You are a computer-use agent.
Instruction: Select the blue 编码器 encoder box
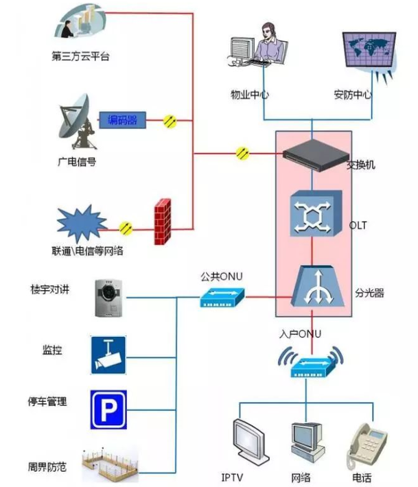click(x=122, y=121)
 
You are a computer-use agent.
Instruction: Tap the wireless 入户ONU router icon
click(x=310, y=364)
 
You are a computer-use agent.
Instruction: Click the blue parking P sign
click(x=108, y=409)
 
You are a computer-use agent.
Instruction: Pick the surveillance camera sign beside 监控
click(x=108, y=355)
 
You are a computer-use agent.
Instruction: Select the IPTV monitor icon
click(x=248, y=442)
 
